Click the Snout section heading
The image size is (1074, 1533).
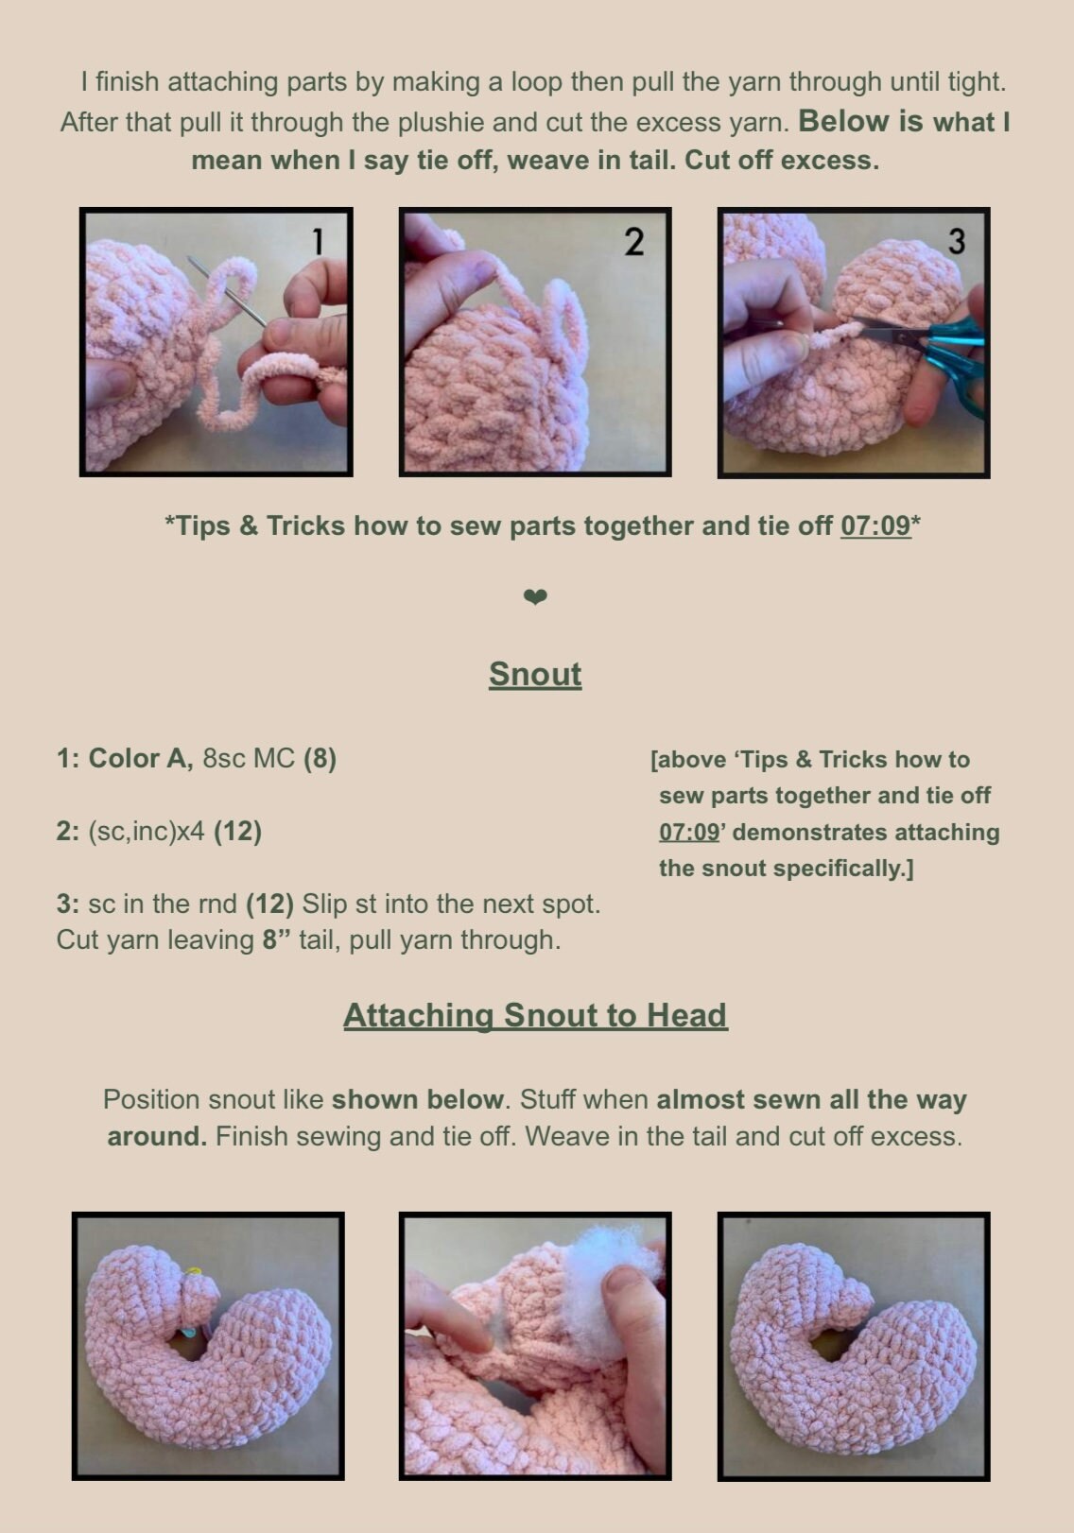point(535,674)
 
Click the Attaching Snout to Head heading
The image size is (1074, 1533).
point(535,1015)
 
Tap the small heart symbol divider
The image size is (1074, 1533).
point(535,596)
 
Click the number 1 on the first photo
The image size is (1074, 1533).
point(318,241)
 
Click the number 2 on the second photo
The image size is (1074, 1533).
point(633,241)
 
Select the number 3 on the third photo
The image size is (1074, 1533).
point(956,241)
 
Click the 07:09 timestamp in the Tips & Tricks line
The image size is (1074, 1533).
point(875,525)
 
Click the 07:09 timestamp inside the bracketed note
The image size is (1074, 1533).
point(689,833)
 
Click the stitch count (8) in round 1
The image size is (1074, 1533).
point(320,758)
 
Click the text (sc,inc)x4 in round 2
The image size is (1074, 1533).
point(147,832)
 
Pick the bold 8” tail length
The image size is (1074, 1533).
point(276,939)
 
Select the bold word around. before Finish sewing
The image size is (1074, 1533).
point(157,1136)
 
